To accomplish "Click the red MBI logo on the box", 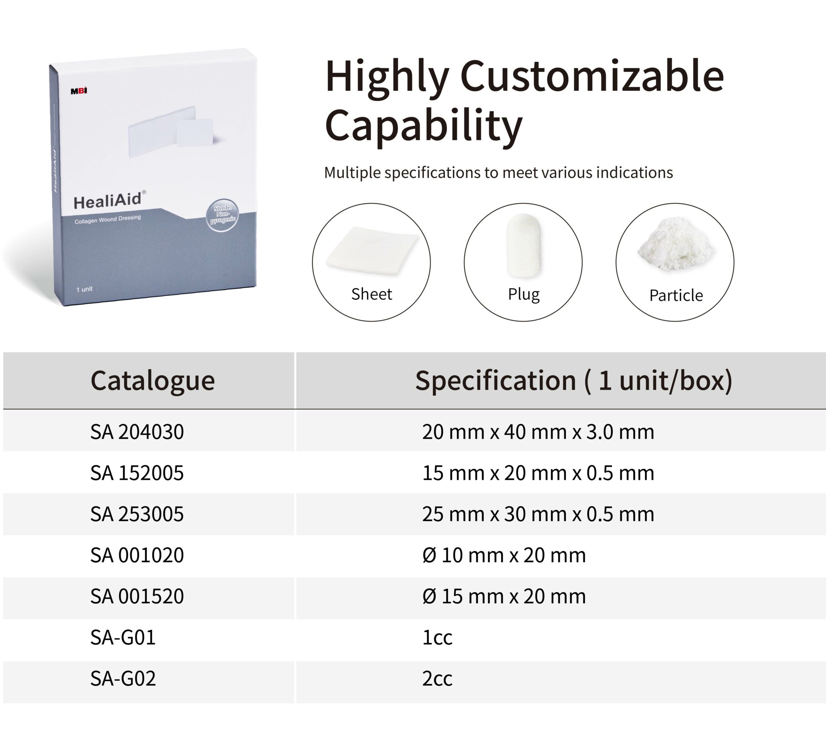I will point(79,91).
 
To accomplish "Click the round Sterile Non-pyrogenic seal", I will point(222,215).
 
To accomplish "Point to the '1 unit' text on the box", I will point(84,289).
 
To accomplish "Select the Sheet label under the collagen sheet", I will point(371,294).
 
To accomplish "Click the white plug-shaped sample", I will point(523,245).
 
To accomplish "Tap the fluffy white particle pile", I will point(675,244).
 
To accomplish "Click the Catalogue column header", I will point(152,380).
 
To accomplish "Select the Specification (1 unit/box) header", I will point(574,380).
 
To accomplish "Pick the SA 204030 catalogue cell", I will point(137,431).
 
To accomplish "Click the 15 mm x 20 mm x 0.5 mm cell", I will point(538,473).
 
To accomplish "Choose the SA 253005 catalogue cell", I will point(137,514).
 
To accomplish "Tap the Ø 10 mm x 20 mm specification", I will point(504,555).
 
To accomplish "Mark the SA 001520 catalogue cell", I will point(137,596).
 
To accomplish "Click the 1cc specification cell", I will point(437,637).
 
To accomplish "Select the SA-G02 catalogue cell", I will point(123,678).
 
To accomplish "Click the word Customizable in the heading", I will point(592,76).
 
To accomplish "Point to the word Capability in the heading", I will point(423,125).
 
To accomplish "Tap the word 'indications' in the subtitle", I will point(634,172).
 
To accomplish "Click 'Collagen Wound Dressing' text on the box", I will point(107,219).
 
